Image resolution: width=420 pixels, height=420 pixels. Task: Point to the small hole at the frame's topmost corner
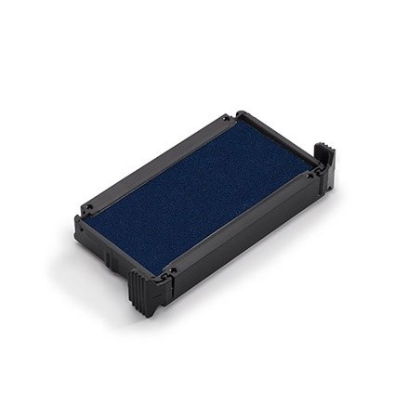[226, 118]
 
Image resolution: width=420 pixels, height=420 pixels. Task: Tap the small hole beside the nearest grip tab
[171, 272]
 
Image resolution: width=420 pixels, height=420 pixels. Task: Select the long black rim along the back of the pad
[158, 158]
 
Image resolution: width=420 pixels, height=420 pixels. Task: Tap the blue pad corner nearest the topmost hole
[231, 126]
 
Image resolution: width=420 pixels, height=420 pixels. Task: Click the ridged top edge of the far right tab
[323, 149]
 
